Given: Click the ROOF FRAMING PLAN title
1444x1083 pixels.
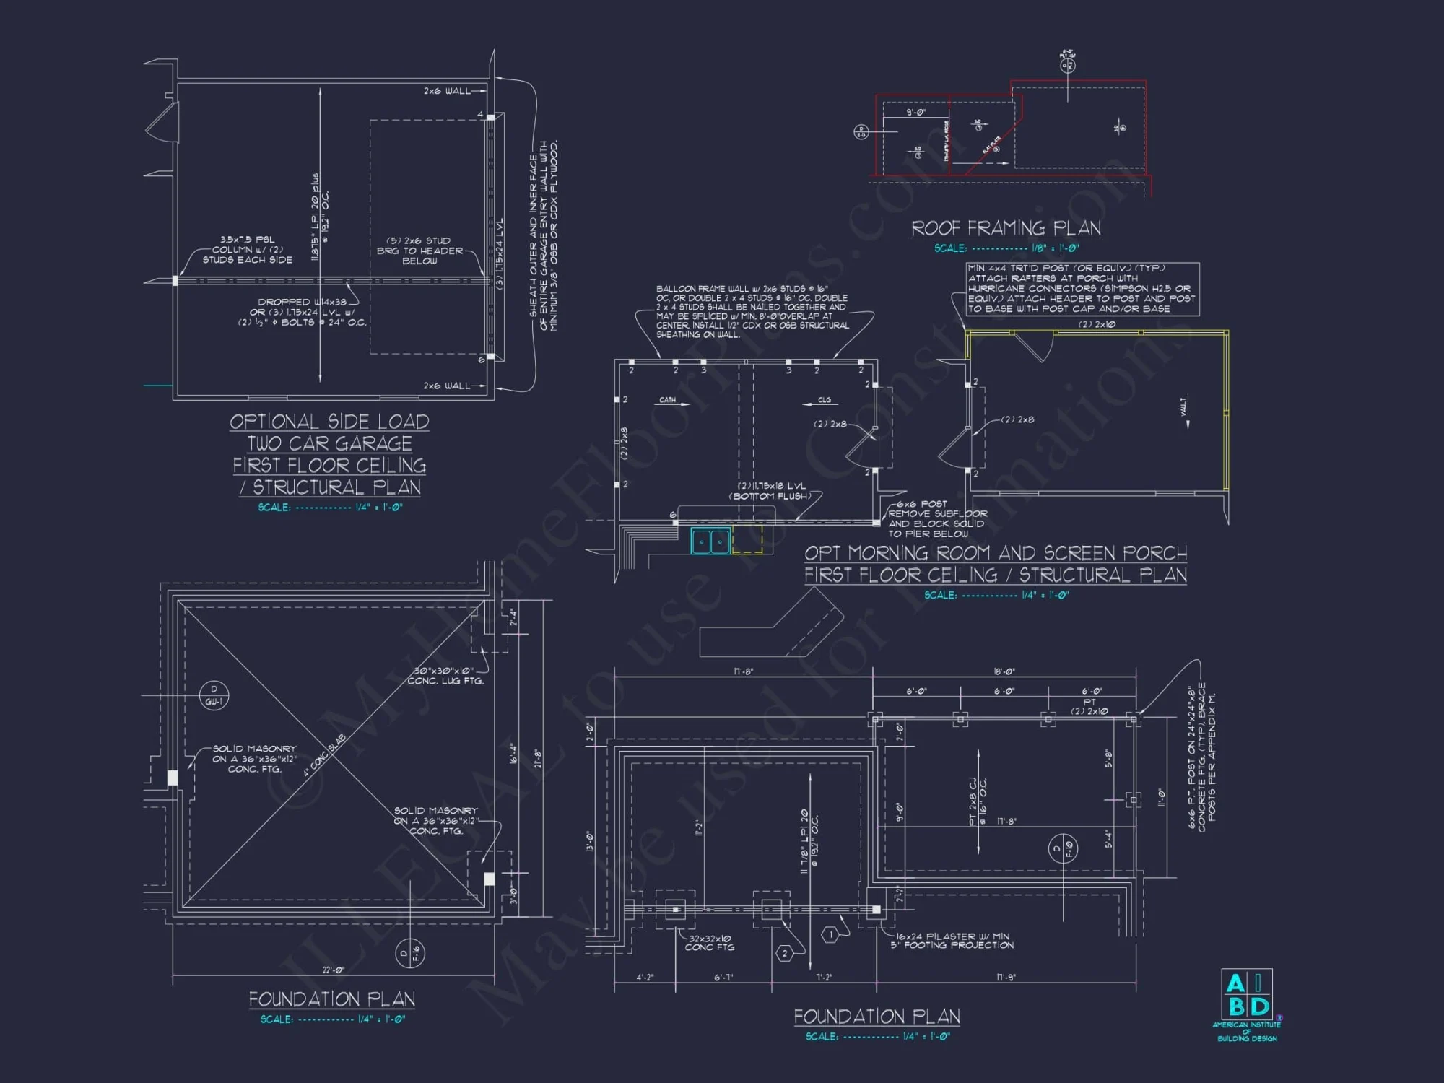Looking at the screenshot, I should (x=1006, y=229).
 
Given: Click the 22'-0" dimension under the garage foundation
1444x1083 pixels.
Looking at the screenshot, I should (x=333, y=970).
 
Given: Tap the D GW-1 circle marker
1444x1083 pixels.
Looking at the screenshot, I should (x=214, y=695).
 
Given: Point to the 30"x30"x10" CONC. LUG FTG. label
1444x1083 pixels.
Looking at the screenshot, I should (x=445, y=676).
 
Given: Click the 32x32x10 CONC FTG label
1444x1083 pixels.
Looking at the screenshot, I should (x=710, y=943).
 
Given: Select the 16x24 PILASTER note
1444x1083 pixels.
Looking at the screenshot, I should (x=952, y=940).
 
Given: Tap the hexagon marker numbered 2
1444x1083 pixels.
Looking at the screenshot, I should (x=785, y=954).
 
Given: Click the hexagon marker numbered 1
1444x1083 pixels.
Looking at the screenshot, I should (x=830, y=935).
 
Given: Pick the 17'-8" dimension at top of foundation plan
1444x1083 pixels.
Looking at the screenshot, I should (x=744, y=671).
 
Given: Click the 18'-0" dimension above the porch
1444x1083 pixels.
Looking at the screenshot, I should (x=1004, y=671).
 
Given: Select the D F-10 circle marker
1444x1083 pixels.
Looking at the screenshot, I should (x=1063, y=848).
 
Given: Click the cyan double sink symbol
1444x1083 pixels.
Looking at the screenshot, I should (x=710, y=541).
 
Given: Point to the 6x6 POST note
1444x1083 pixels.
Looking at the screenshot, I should (x=936, y=518).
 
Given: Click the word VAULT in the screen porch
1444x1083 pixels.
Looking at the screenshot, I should (x=1184, y=406).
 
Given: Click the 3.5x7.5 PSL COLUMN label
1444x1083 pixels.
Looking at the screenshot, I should (x=248, y=249).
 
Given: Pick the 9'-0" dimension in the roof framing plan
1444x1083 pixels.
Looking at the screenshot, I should (x=916, y=113).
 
